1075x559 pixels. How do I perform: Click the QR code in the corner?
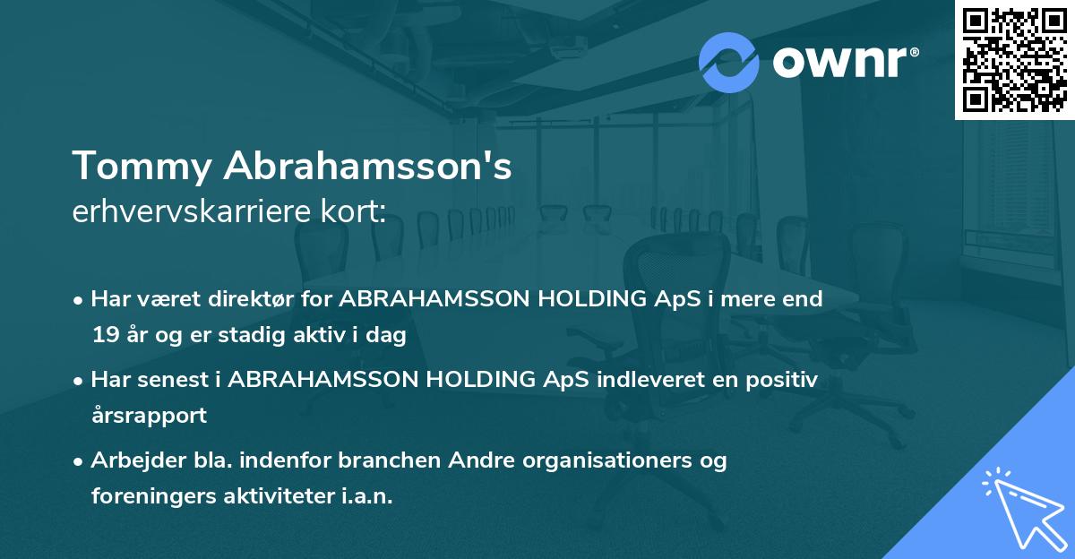(x=1014, y=59)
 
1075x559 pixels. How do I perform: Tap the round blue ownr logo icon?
(x=729, y=63)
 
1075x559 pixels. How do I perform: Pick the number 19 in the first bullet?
(x=104, y=336)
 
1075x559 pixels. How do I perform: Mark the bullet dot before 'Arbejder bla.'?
(x=80, y=461)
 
